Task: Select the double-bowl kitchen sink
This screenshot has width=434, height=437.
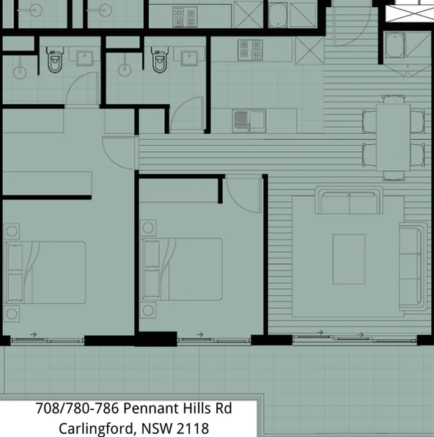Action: point(249,120)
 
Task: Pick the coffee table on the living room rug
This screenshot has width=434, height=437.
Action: point(349,259)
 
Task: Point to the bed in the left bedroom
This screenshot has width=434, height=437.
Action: point(45,272)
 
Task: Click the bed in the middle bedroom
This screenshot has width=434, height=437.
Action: point(183,268)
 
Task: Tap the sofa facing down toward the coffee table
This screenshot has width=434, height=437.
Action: point(349,200)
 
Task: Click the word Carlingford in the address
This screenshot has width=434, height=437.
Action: point(94,427)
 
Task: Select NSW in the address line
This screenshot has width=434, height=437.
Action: point(158,427)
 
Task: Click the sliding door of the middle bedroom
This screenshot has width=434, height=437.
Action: point(197,338)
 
